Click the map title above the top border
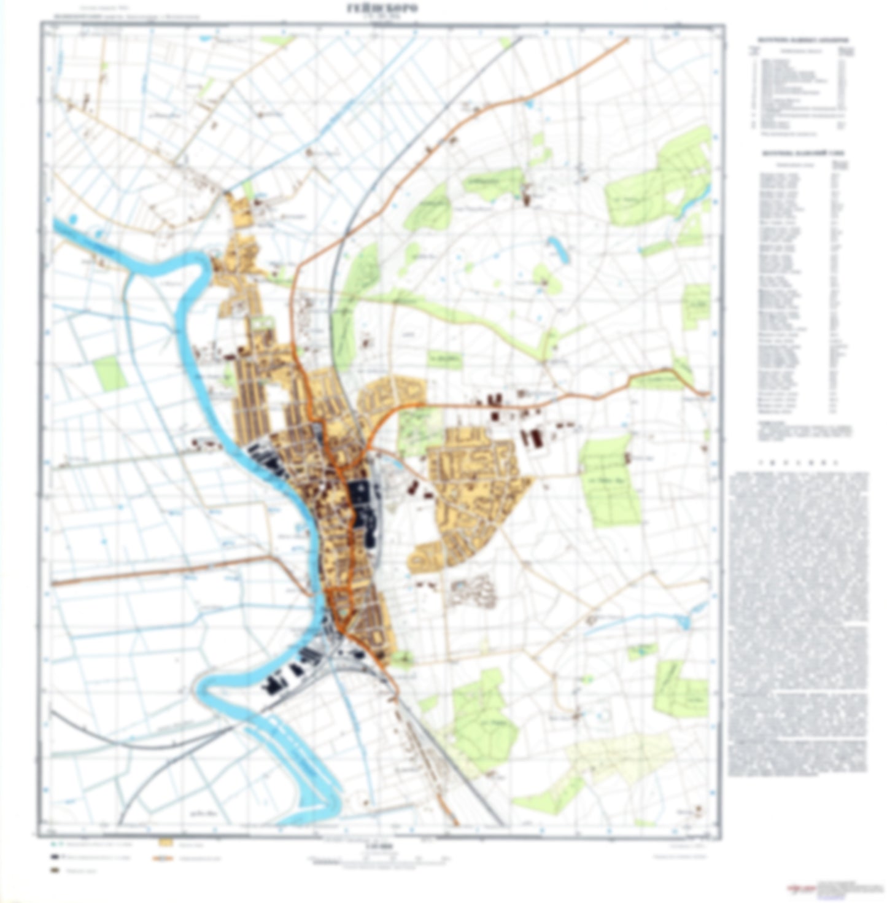(381, 8)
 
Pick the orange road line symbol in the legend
(164, 857)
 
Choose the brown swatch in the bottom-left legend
(55, 870)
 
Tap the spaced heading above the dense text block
(798, 462)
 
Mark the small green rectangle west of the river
(110, 373)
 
